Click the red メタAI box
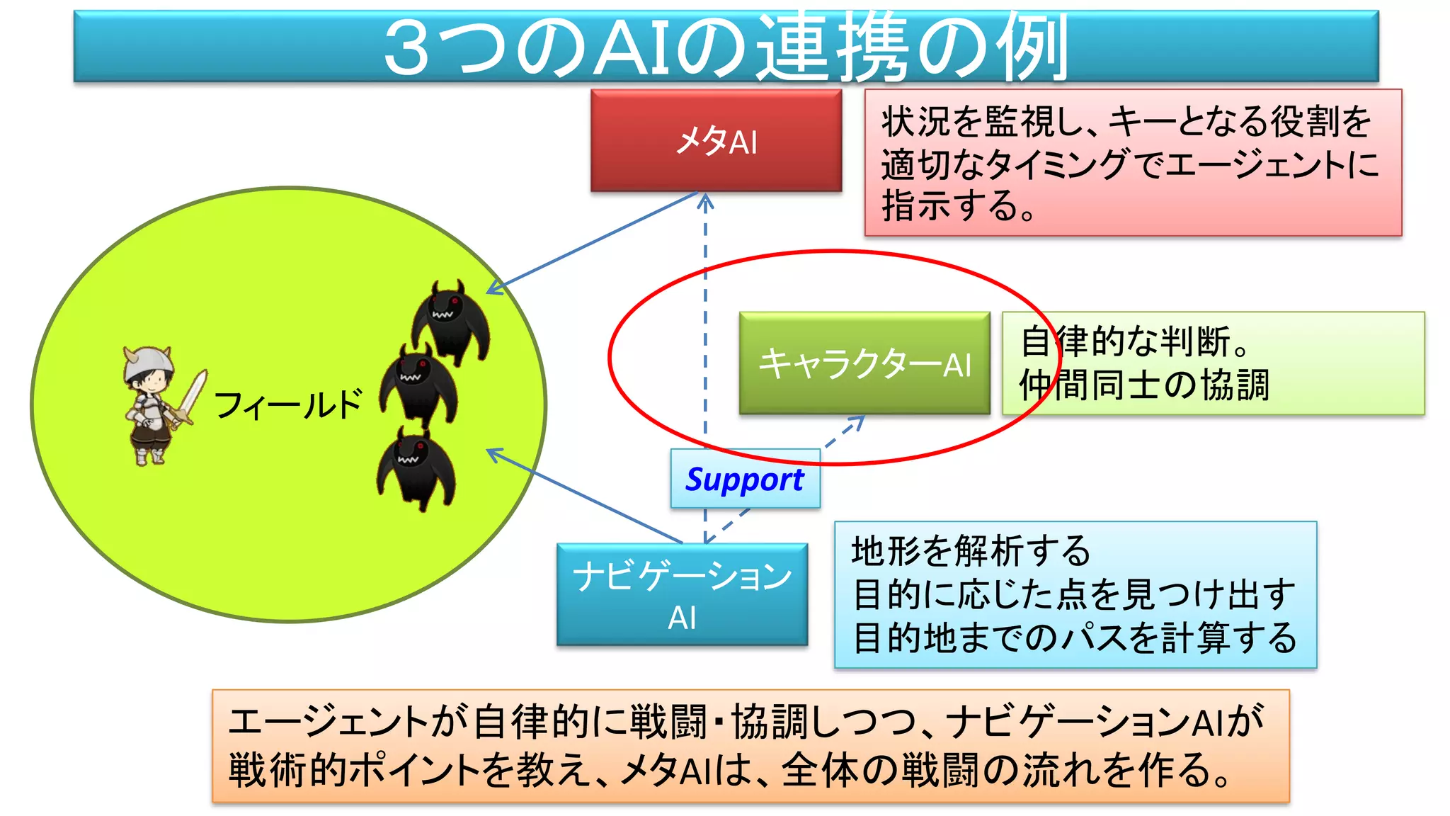(716, 140)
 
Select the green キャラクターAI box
(864, 363)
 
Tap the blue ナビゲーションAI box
(682, 594)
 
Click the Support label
(745, 480)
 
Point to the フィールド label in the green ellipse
(287, 405)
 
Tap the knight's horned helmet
(148, 361)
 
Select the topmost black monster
(450, 320)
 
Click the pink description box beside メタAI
(1133, 163)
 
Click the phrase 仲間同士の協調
(1144, 386)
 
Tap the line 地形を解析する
(971, 551)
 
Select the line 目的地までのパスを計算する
(1075, 637)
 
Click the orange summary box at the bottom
(750, 746)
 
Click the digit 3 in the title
(406, 48)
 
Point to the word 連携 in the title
(833, 48)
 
